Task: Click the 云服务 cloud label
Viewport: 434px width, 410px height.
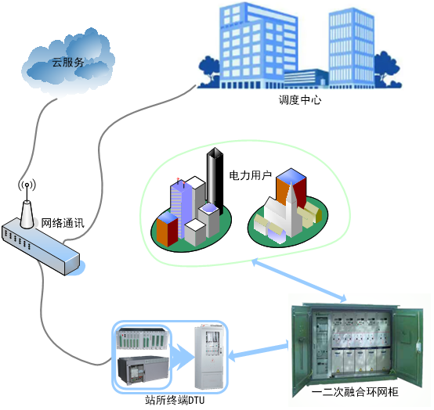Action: point(68,63)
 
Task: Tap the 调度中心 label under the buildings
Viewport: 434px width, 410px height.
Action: point(300,99)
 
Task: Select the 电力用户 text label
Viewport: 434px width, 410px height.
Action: point(251,175)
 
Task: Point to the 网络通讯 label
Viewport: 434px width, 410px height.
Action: point(63,223)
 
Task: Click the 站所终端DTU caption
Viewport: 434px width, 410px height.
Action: point(175,400)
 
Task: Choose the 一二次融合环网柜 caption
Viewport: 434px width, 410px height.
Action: point(355,392)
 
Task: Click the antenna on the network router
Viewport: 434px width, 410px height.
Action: point(27,205)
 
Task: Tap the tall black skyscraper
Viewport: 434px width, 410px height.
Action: point(215,180)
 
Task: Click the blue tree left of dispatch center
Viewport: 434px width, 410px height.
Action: point(209,71)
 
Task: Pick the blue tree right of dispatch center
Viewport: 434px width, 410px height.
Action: point(387,69)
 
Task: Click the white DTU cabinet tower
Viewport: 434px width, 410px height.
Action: point(209,358)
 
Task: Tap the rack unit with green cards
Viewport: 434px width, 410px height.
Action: point(143,338)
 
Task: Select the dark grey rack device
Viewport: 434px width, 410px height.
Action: point(143,370)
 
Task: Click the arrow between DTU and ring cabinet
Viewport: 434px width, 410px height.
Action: point(259,351)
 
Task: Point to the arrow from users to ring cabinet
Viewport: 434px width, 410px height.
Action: point(299,280)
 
